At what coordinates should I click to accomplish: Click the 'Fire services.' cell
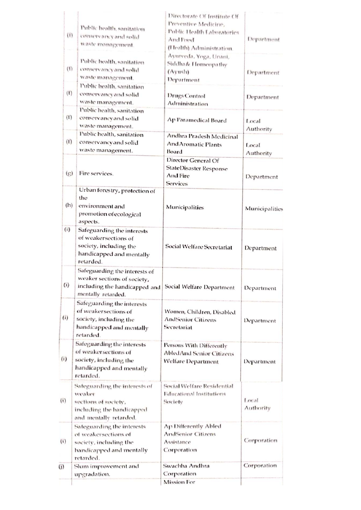(x=96, y=173)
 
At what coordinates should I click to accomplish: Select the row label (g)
(x=69, y=173)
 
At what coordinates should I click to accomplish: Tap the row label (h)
(x=69, y=205)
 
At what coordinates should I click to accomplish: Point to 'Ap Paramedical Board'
(x=197, y=120)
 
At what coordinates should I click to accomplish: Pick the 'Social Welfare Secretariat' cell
(x=199, y=247)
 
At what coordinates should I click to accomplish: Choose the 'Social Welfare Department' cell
(x=199, y=287)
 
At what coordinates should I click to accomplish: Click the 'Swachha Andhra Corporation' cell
(x=186, y=470)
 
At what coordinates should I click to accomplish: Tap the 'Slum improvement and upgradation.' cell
(x=106, y=470)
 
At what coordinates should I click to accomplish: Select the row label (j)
(x=61, y=467)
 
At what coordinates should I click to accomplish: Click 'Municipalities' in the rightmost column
(x=264, y=209)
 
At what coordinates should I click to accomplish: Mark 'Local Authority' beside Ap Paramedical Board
(x=259, y=125)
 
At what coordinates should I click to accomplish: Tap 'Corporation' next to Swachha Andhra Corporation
(x=260, y=466)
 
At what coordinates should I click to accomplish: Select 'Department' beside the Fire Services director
(x=261, y=177)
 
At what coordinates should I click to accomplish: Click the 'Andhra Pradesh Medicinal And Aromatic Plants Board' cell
(x=202, y=144)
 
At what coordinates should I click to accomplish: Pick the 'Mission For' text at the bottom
(x=179, y=482)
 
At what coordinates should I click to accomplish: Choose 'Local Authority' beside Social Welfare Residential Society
(x=257, y=404)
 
